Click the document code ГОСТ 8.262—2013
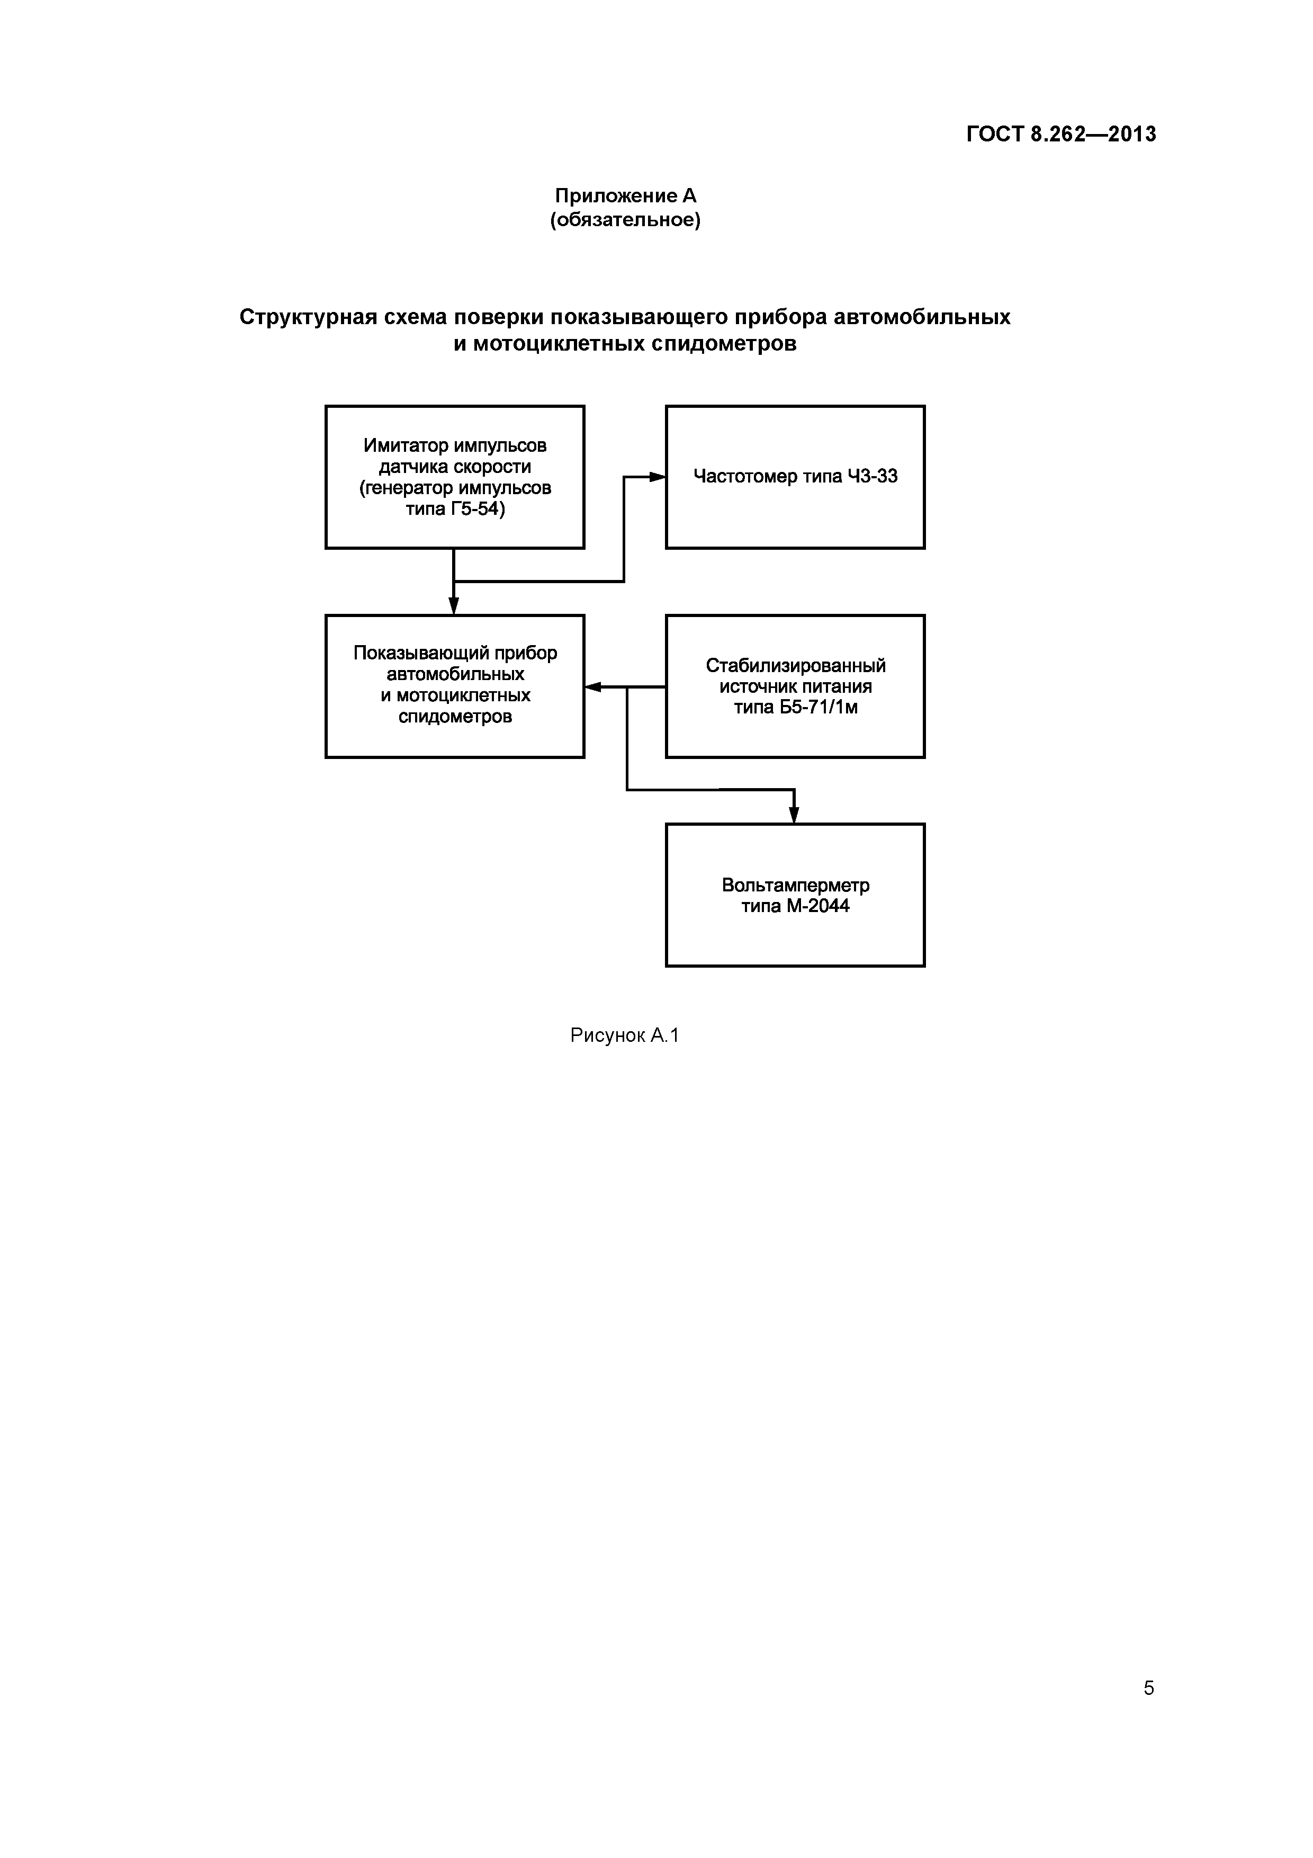pyautogui.click(x=1060, y=135)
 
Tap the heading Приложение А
pyautogui.click(x=625, y=196)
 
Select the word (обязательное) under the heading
pyautogui.click(x=625, y=220)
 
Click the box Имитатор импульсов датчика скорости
pyautogui.click(x=455, y=477)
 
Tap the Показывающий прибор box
pyautogui.click(x=455, y=686)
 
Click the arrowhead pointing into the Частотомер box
pyautogui.click(x=657, y=477)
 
